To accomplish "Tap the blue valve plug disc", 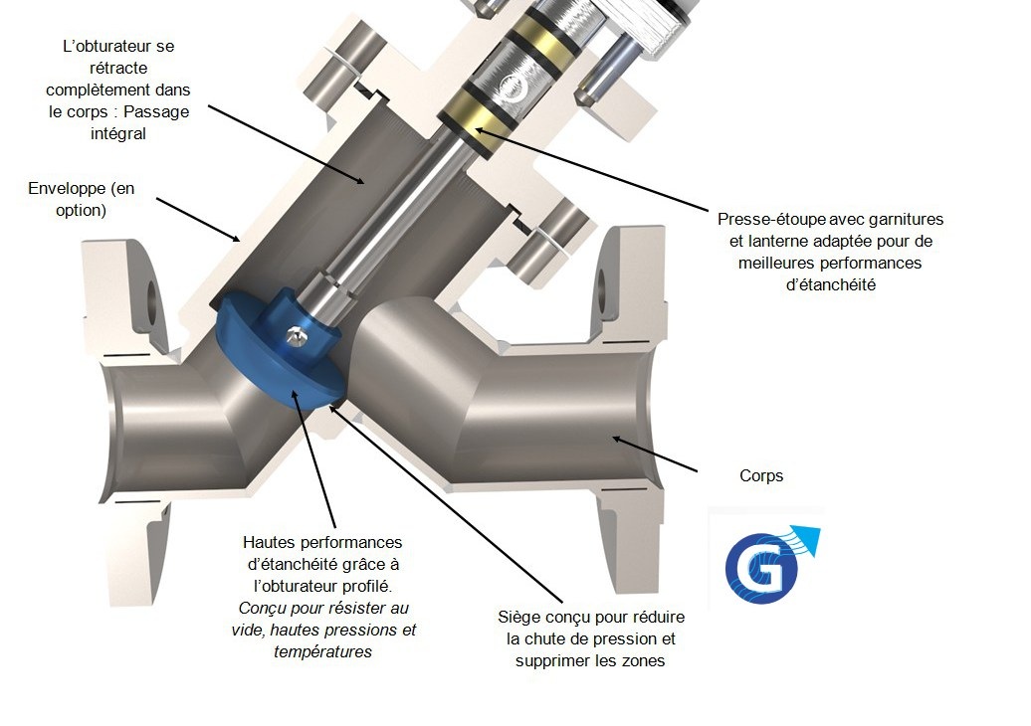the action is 280,351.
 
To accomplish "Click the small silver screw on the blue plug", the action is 296,335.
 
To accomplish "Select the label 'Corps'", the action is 761,475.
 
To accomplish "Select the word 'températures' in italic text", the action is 322,651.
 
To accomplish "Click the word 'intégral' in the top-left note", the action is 118,133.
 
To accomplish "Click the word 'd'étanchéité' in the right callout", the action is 831,284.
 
